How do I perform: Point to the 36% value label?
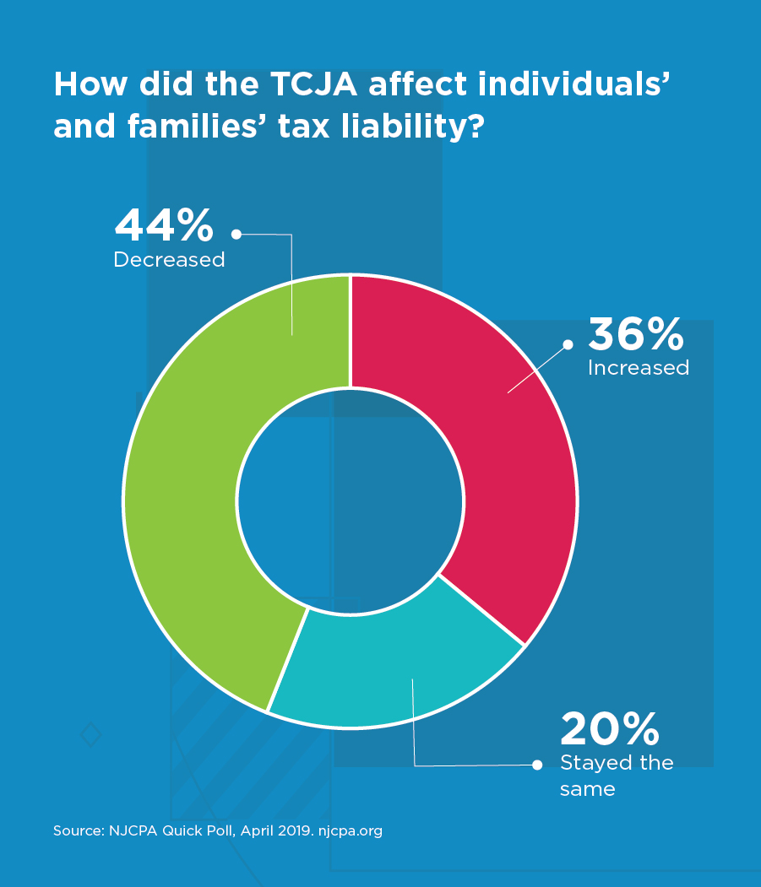click(x=636, y=335)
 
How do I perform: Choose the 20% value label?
click(x=609, y=729)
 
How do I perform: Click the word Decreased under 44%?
click(x=169, y=260)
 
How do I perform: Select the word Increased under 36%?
click(x=639, y=368)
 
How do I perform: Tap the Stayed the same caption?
click(x=617, y=776)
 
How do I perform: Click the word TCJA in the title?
click(x=318, y=84)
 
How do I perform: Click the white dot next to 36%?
click(x=568, y=344)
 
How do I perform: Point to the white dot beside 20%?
click(x=536, y=765)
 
